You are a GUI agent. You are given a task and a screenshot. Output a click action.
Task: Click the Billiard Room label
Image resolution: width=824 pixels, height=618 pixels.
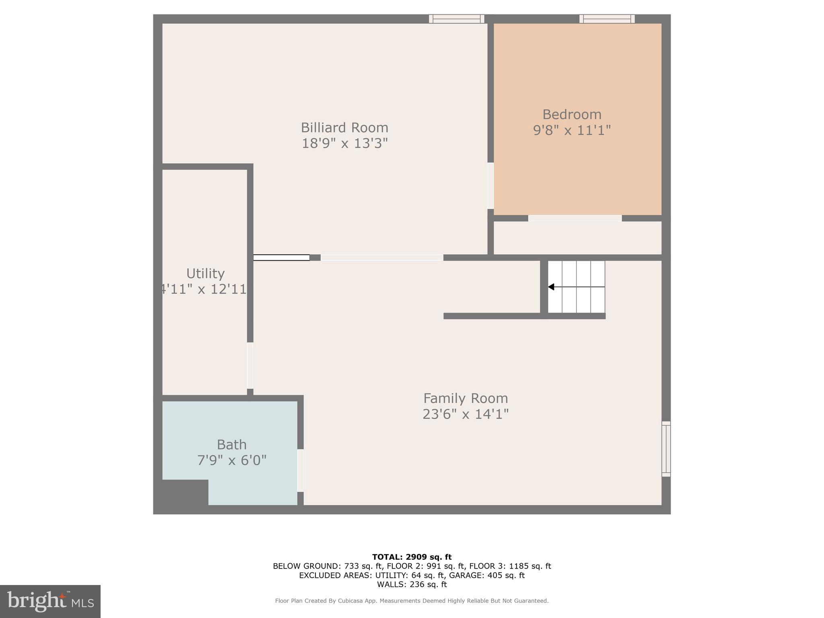(x=344, y=128)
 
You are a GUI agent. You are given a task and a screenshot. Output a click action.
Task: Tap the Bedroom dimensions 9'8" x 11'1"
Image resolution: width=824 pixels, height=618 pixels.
(x=572, y=130)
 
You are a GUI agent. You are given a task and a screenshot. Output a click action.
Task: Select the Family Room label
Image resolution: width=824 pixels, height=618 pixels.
(x=466, y=398)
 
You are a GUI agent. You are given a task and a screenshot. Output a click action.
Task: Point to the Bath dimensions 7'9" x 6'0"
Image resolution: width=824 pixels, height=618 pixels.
(x=232, y=460)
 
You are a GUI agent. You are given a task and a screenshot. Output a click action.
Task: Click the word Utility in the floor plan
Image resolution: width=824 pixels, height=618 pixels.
(x=205, y=274)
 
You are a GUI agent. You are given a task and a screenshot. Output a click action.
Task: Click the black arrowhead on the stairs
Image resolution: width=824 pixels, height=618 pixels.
(x=551, y=287)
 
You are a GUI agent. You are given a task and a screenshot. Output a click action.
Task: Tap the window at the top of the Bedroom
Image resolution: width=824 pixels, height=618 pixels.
(x=607, y=19)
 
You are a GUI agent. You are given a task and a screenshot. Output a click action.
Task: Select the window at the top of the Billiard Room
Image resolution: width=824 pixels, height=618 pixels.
(x=456, y=19)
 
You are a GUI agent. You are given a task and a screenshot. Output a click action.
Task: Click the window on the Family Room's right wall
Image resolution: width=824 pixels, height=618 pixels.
(x=666, y=449)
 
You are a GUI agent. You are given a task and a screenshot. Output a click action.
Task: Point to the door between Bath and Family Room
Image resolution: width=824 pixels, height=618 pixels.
(x=300, y=470)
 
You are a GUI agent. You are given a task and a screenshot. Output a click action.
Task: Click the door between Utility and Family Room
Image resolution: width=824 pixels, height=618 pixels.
(x=250, y=365)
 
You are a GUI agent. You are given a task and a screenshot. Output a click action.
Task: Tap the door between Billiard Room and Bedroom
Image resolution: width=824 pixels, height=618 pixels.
(x=490, y=185)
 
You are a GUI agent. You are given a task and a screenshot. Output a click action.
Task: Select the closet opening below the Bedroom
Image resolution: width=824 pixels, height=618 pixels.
(x=575, y=218)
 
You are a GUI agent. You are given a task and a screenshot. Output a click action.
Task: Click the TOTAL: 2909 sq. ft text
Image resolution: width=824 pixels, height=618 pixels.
(x=412, y=557)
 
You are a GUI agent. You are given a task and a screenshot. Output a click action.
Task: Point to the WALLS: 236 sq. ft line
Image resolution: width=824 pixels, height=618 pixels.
(x=412, y=585)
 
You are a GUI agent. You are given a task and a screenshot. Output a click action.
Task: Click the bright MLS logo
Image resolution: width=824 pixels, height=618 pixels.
(x=50, y=602)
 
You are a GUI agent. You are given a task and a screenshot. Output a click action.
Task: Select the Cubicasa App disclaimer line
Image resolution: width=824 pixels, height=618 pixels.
(x=412, y=601)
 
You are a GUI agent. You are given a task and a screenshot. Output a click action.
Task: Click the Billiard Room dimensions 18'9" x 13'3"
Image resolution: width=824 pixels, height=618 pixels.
(x=344, y=143)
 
